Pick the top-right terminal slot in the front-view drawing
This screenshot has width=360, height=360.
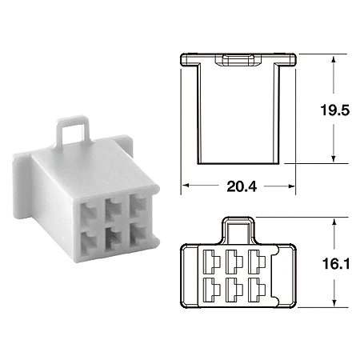[x=256, y=260]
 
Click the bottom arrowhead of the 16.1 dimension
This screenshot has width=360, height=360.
[x=332, y=304]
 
